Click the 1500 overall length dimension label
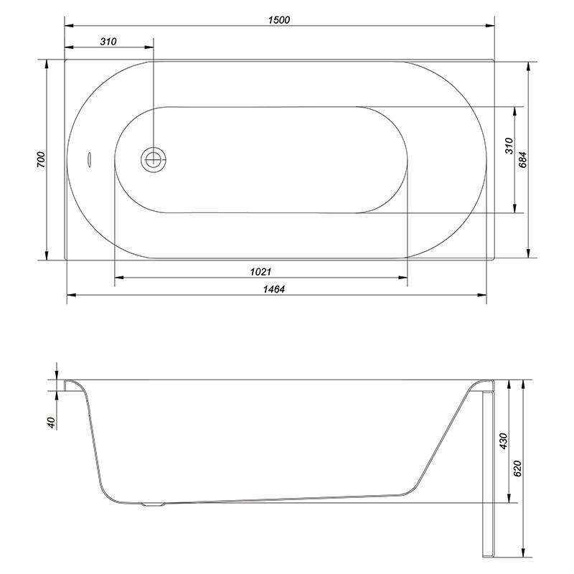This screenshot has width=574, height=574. tap(279, 20)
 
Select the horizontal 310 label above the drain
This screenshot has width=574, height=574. tap(108, 42)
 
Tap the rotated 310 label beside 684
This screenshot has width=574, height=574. tap(509, 146)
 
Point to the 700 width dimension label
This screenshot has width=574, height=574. tap(41, 159)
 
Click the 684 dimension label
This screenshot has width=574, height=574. tap(523, 159)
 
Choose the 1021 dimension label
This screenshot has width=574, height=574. tap(260, 272)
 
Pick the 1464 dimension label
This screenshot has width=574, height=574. tap(274, 289)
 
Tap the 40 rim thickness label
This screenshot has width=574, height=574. tap(52, 423)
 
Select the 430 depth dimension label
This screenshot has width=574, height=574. tap(504, 441)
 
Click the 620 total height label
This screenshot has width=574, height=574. tap(517, 469)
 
